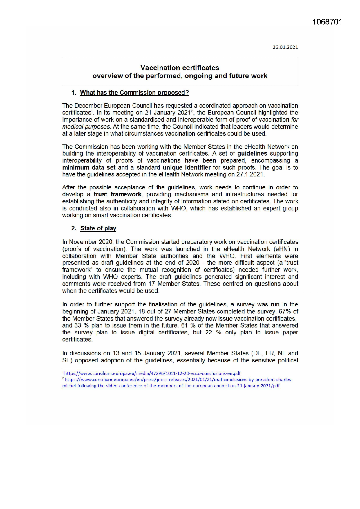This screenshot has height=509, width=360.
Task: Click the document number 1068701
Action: (x=327, y=22)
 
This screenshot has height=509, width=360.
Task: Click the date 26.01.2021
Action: (x=285, y=47)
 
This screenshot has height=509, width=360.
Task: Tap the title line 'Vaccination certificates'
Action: (x=180, y=68)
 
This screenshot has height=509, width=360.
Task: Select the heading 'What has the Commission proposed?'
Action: (x=134, y=93)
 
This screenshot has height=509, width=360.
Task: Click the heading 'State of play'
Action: (x=98, y=228)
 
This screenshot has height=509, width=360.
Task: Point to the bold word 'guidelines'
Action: (x=252, y=154)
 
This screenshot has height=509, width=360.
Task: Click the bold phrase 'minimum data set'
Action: (x=89, y=168)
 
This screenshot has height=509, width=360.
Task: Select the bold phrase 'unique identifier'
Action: (x=187, y=168)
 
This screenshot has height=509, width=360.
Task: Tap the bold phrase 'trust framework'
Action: (x=117, y=194)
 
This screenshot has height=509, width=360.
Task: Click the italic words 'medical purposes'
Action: (x=86, y=127)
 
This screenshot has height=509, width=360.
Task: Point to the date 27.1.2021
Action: (x=250, y=175)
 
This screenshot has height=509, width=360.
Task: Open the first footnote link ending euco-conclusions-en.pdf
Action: (x=152, y=374)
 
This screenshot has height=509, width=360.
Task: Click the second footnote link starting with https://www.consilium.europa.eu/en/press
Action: (x=178, y=380)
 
